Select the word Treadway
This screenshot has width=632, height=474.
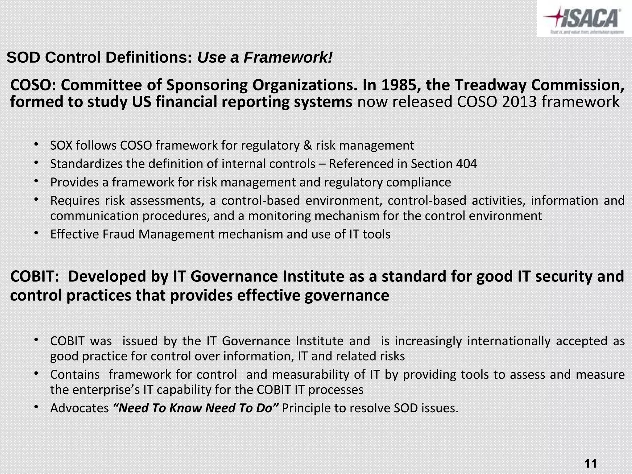pyautogui.click(x=490, y=85)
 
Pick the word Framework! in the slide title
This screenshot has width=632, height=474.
pyautogui.click(x=288, y=57)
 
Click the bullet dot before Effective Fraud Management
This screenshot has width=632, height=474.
pyautogui.click(x=36, y=233)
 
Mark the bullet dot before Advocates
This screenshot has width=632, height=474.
pyautogui.click(x=36, y=407)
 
